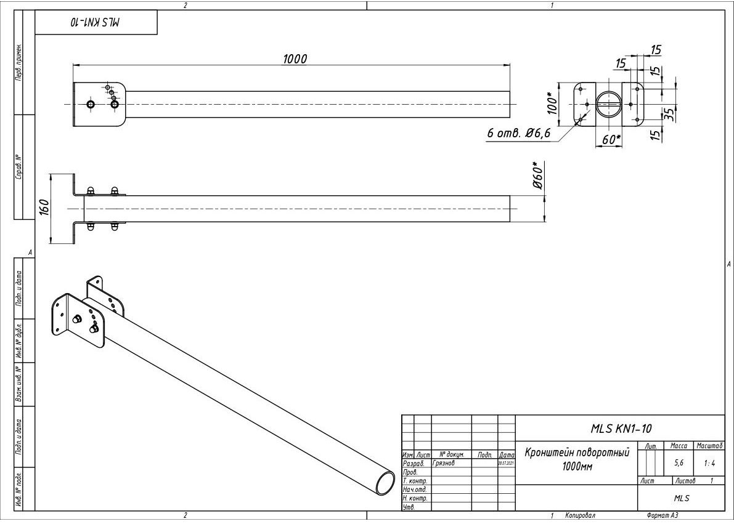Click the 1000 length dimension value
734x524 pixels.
[295, 58]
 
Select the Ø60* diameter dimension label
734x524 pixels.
[539, 177]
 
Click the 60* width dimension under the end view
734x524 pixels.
[611, 140]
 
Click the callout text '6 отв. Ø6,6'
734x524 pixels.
[518, 134]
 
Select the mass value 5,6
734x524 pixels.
[679, 462]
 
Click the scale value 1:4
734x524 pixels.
[709, 462]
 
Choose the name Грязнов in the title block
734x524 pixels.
[444, 463]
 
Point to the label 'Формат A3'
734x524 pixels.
[662, 515]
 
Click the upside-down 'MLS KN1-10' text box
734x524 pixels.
[96, 22]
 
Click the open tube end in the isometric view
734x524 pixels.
[385, 482]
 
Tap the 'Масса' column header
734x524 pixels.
[679, 445]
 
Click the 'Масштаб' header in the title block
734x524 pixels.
[709, 445]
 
